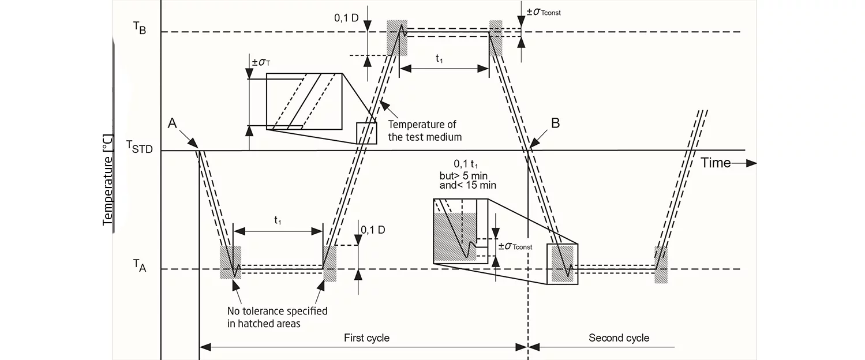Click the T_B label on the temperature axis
point(139,29)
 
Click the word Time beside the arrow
point(716,163)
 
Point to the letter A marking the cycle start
point(172,123)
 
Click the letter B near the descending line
point(555,123)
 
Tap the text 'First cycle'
point(366,337)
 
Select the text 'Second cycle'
point(619,337)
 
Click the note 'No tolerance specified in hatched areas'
point(277,317)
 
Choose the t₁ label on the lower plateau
point(278,220)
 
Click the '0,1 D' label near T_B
point(347,17)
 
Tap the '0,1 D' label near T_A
point(373,230)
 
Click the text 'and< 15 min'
point(468,185)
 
